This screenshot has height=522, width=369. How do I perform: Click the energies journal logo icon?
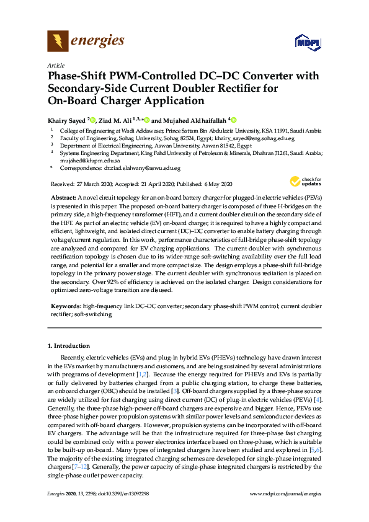point(58,41)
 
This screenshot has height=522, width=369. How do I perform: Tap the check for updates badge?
point(305,181)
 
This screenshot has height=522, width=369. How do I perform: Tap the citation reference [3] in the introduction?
point(176,391)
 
